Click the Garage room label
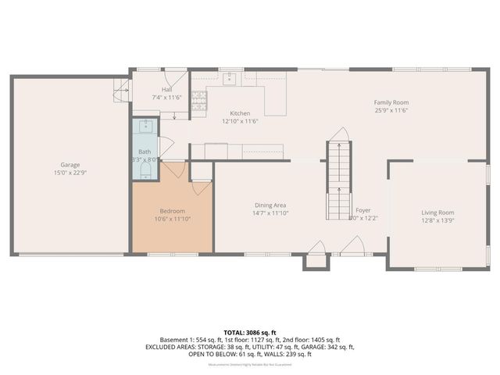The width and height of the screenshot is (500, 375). [x=70, y=165]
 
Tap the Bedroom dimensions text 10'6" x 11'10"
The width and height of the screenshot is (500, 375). [x=172, y=219]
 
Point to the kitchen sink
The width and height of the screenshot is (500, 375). [x=229, y=78]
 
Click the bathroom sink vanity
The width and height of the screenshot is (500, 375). [x=145, y=128]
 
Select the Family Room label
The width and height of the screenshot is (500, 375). [x=391, y=102]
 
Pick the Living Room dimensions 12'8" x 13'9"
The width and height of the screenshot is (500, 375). [x=437, y=220]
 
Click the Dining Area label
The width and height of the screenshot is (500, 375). [x=271, y=205]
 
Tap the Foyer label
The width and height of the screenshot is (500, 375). [x=363, y=210]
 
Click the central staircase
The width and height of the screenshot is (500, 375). [x=338, y=180]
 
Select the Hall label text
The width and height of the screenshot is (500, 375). [x=166, y=90]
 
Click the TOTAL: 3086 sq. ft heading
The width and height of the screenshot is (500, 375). [x=250, y=333]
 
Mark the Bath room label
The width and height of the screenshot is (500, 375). [x=145, y=152]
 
